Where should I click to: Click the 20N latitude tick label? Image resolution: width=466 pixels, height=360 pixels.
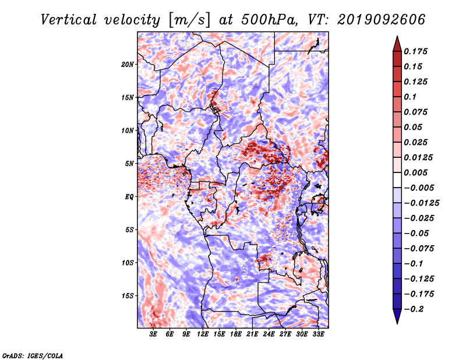click(x=128, y=65)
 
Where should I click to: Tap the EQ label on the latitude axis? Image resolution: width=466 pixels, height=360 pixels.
click(x=129, y=197)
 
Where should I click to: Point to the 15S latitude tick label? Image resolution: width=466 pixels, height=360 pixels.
click(x=128, y=296)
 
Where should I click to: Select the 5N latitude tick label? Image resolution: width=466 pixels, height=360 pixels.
click(x=129, y=164)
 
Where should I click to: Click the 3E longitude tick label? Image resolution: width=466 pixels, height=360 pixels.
click(x=153, y=334)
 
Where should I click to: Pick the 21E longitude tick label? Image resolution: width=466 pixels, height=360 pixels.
click(x=252, y=334)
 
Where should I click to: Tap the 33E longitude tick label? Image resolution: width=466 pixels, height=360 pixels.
click(x=318, y=334)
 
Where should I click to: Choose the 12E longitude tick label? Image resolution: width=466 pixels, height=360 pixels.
click(x=203, y=334)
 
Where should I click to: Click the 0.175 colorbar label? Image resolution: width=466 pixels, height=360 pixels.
click(x=415, y=51)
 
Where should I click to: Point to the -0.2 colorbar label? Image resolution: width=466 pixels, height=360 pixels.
click(x=414, y=309)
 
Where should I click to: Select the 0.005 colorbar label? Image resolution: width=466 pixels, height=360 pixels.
click(x=415, y=172)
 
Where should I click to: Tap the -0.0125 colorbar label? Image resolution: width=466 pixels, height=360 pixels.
click(x=421, y=203)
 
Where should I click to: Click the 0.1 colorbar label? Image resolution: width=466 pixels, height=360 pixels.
click(x=410, y=97)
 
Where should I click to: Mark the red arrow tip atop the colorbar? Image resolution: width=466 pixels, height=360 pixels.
click(x=397, y=36)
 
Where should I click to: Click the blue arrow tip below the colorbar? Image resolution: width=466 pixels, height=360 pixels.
click(x=397, y=323)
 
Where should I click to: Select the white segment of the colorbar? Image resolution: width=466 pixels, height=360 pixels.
click(x=397, y=180)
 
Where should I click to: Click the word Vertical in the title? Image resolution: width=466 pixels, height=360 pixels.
click(x=69, y=20)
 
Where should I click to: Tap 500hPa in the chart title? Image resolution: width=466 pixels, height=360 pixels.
click(x=269, y=20)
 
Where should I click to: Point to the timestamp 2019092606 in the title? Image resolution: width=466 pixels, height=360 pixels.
click(x=382, y=20)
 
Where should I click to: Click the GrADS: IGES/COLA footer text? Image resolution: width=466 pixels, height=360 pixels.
click(x=33, y=356)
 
